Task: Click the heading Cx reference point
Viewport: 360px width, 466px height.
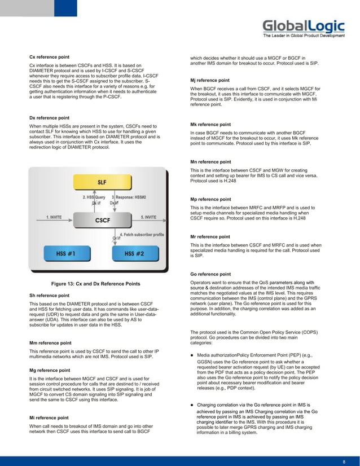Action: pos(50,58)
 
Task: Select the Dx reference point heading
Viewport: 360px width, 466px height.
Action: pos(50,117)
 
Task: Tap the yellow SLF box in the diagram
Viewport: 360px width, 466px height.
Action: pos(102,183)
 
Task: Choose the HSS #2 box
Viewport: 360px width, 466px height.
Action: pos(134,254)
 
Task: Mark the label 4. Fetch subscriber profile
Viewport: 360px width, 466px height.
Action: pos(142,234)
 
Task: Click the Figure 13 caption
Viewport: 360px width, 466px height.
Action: pos(96,283)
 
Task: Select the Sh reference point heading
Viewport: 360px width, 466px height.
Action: pos(49,295)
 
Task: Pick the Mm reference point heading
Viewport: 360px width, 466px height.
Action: pos(50,342)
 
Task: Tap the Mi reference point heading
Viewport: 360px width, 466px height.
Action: pos(50,418)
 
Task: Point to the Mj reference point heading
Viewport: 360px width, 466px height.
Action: pos(210,80)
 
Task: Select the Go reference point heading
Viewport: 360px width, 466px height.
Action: pos(210,274)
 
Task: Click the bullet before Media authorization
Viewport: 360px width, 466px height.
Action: pos(193,355)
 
